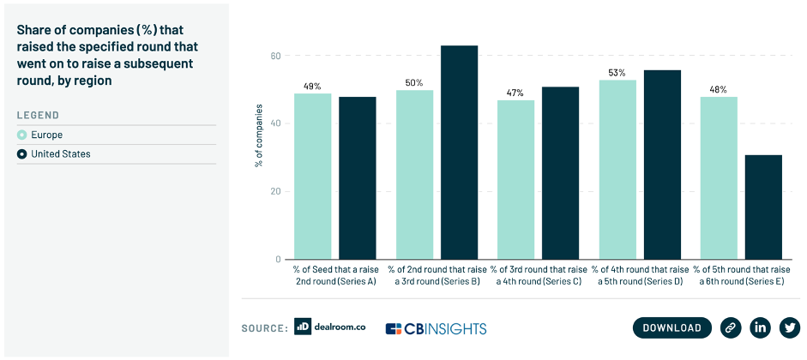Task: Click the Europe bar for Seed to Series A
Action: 312,176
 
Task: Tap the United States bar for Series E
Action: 763,207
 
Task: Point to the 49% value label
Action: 312,86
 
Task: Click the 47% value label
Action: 515,93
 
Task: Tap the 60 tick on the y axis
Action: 276,56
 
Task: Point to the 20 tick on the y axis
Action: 276,191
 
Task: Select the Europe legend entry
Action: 48,135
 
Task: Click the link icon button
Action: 730,327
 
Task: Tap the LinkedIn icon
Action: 760,327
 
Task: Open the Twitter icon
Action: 789,327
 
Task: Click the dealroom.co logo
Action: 330,327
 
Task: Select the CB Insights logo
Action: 436,328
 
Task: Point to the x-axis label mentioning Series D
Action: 639,276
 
